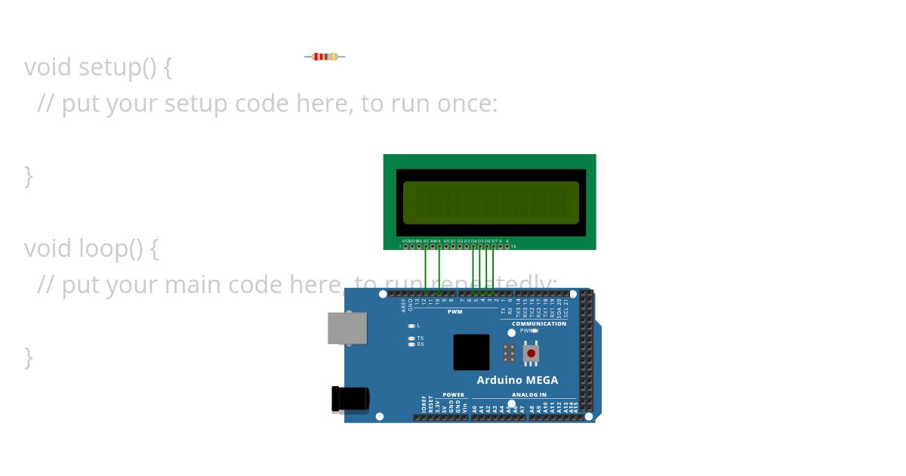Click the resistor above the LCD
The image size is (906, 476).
[325, 57]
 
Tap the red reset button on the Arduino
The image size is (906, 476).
[531, 353]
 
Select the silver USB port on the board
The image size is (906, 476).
[347, 328]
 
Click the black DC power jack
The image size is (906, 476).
[351, 399]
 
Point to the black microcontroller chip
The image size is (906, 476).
[471, 352]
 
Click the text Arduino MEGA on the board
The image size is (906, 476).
[517, 380]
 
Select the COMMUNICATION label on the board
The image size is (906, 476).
[539, 323]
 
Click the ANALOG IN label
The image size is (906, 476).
[529, 394]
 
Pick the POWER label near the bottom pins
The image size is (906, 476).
[454, 394]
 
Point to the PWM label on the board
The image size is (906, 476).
[455, 311]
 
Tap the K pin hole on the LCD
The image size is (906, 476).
[507, 246]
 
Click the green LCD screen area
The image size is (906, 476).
[491, 202]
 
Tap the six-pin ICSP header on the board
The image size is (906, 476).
[510, 353]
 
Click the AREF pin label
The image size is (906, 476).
[404, 304]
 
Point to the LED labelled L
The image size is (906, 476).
[411, 326]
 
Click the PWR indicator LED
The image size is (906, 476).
[535, 330]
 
